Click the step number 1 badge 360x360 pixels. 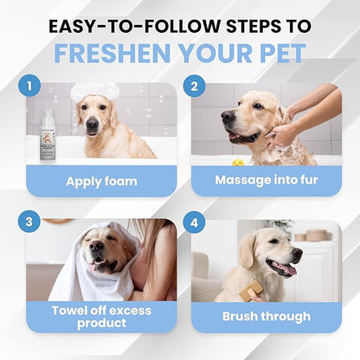tap(29, 86)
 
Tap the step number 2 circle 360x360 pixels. tap(194, 86)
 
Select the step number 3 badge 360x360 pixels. tap(29, 222)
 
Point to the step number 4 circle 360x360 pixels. tap(194, 222)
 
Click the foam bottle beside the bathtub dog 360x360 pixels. tap(48, 134)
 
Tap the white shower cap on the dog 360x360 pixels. tap(94, 91)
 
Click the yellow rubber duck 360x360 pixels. tap(238, 163)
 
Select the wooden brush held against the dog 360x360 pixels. tap(251, 290)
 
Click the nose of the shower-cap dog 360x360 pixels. tap(93, 124)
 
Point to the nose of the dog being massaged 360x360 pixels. tap(228, 117)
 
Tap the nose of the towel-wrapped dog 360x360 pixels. tap(96, 246)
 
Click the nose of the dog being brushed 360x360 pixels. tap(297, 253)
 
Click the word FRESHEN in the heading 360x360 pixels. tap(112, 54)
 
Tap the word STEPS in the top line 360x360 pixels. tap(253, 26)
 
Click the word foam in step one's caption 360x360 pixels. tap(120, 182)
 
